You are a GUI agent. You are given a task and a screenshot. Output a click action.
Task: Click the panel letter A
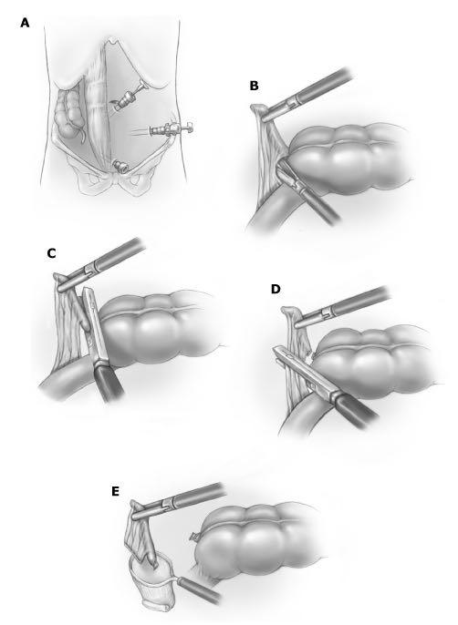click(x=25, y=23)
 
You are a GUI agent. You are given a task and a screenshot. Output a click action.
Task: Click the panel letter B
click(x=254, y=86)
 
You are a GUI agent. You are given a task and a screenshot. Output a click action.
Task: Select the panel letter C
click(x=51, y=253)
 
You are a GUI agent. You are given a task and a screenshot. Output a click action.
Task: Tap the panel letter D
click(x=276, y=289)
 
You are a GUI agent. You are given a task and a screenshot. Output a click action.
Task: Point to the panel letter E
click(x=115, y=492)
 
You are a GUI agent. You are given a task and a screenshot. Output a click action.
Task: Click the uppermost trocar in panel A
click(x=129, y=97)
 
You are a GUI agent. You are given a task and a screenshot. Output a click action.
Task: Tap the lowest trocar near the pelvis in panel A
click(x=120, y=166)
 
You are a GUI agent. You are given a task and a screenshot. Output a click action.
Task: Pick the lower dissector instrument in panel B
click(x=307, y=191)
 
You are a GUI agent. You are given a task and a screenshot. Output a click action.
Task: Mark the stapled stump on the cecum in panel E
click(x=195, y=537)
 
